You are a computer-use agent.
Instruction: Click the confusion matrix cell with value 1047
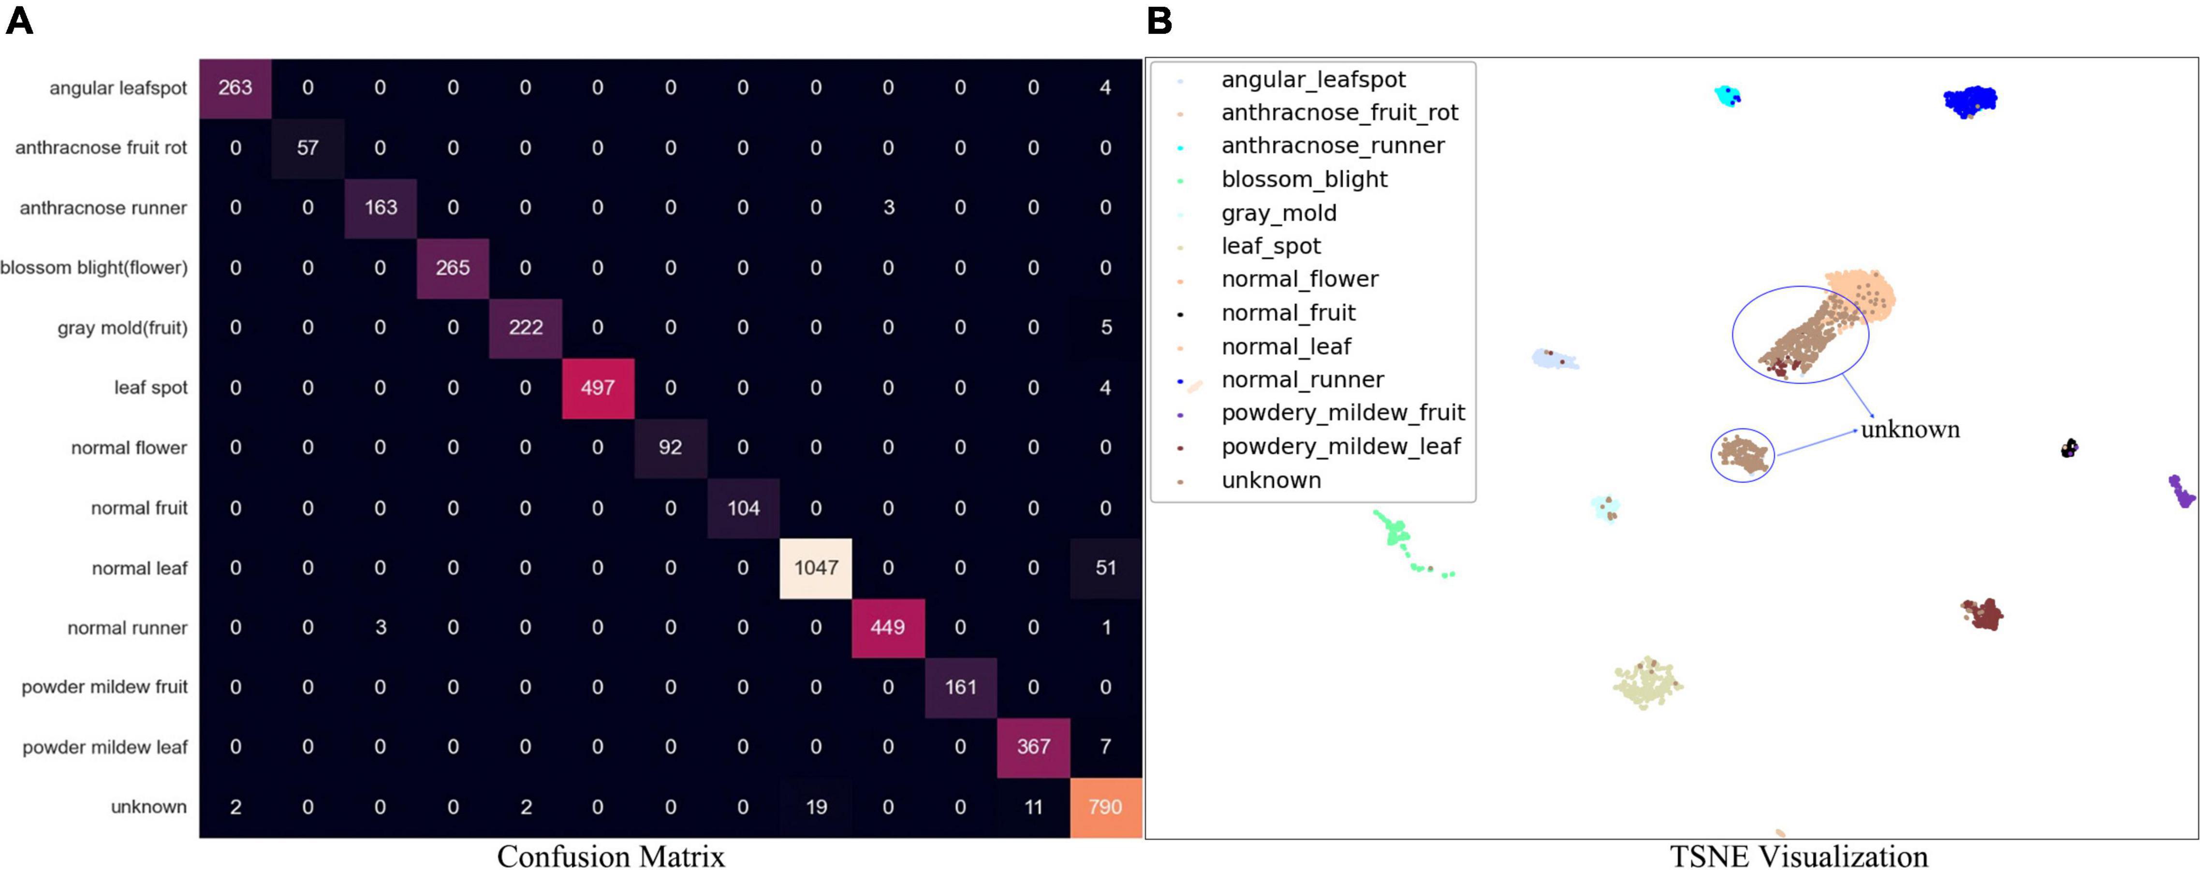(816, 568)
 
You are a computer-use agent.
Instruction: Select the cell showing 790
(1105, 807)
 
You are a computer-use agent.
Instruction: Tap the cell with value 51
(1105, 568)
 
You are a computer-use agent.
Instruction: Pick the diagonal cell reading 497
(598, 388)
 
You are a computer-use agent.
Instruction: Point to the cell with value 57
(308, 148)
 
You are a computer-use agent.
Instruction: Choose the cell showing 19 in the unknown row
(816, 807)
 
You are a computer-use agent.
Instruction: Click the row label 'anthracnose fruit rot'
(101, 148)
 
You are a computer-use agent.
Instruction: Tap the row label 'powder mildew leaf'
(104, 748)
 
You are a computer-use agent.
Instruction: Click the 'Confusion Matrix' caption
(611, 855)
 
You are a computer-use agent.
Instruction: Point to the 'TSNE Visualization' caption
(1799, 855)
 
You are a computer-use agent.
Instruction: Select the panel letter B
(1159, 20)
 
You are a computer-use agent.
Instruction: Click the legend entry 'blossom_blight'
(1304, 179)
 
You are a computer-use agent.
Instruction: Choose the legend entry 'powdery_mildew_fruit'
(1343, 413)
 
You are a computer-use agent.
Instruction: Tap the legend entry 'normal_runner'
(1303, 380)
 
